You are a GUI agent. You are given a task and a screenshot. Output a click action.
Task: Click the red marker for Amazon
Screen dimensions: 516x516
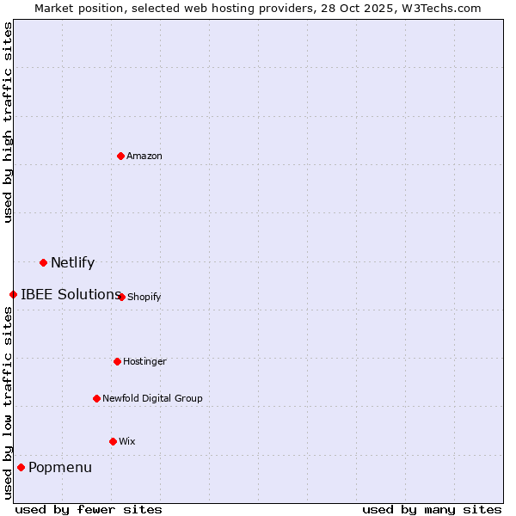point(120,156)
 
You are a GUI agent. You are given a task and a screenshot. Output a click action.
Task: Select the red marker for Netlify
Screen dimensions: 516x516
point(43,262)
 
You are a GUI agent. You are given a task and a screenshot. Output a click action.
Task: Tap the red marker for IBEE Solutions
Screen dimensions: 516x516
point(13,294)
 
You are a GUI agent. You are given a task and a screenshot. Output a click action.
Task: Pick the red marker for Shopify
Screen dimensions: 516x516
point(121,297)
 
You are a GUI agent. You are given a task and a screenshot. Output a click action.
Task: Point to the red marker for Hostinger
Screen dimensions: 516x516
point(117,361)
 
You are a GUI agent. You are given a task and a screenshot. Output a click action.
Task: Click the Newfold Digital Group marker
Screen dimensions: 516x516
point(96,398)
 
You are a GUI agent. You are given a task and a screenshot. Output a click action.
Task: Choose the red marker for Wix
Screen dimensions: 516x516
point(113,441)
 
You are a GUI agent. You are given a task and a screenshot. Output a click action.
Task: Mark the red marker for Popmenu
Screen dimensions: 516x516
point(21,467)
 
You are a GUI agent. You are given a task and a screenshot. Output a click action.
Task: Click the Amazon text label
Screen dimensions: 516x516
point(144,156)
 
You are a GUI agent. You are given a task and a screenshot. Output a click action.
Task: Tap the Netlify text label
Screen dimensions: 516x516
point(72,262)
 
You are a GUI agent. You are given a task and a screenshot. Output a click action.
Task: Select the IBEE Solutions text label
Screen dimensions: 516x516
point(71,294)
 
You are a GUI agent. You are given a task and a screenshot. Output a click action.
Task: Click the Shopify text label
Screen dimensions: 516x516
point(144,297)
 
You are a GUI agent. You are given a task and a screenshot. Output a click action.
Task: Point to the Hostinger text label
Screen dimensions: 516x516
point(144,361)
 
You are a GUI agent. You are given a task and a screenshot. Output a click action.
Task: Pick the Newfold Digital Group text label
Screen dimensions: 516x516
point(152,398)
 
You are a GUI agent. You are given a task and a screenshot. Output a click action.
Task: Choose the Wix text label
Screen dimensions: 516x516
point(127,441)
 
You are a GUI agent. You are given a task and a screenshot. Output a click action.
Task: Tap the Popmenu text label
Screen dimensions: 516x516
point(60,467)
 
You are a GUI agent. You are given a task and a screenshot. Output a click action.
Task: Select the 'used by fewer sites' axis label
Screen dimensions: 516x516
point(89,509)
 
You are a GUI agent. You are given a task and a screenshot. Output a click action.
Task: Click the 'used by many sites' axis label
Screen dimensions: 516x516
point(432,509)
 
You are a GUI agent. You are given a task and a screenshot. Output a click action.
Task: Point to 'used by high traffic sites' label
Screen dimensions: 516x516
point(8,122)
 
